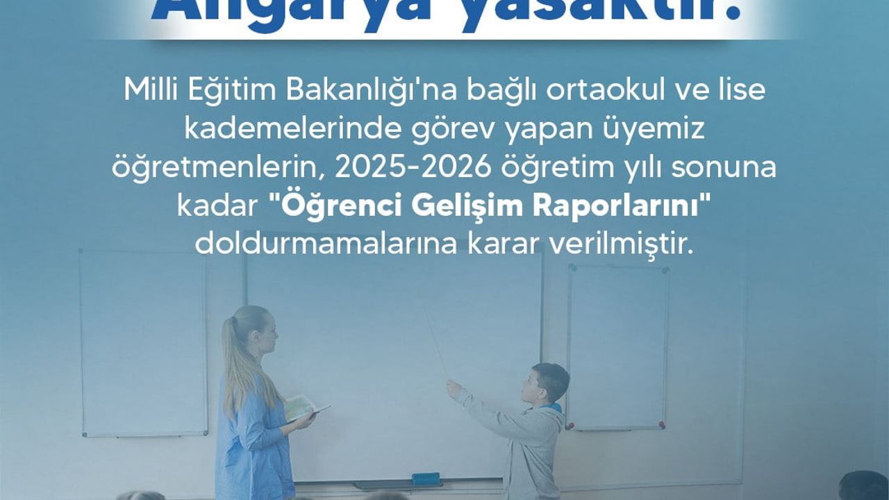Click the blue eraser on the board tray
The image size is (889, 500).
[x=425, y=478]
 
